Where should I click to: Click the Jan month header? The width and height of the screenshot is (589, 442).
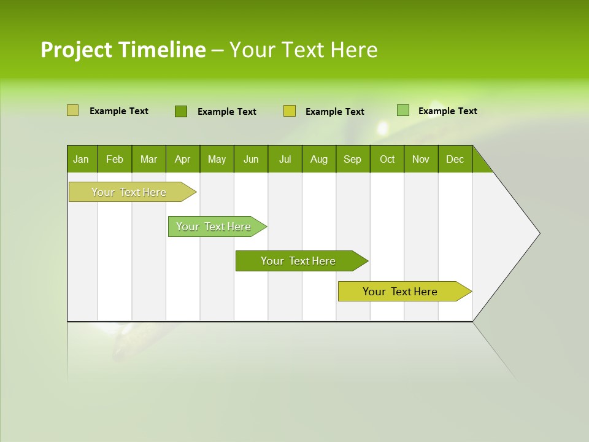(82, 159)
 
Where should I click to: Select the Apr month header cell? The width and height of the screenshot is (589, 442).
(183, 159)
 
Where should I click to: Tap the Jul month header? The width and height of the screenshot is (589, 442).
(285, 159)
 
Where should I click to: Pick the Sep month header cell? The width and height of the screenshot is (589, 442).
(353, 159)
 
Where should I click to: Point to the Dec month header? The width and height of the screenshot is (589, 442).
(455, 159)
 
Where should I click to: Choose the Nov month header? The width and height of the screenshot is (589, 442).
(421, 159)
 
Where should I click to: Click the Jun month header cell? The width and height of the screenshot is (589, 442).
(251, 159)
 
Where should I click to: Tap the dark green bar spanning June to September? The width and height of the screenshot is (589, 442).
(299, 261)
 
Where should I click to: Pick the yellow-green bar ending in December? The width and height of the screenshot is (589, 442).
(401, 292)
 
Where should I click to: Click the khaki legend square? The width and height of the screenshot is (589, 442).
(72, 110)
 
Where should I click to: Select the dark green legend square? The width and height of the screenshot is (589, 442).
(180, 111)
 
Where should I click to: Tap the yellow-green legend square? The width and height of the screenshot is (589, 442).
(290, 111)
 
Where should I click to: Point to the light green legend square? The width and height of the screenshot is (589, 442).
(402, 110)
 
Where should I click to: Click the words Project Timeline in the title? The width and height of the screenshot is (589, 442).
(123, 50)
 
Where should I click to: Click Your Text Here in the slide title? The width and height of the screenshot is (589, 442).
(304, 50)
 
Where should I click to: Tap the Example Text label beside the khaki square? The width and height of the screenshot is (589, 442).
(119, 111)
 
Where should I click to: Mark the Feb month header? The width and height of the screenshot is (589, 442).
(115, 159)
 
